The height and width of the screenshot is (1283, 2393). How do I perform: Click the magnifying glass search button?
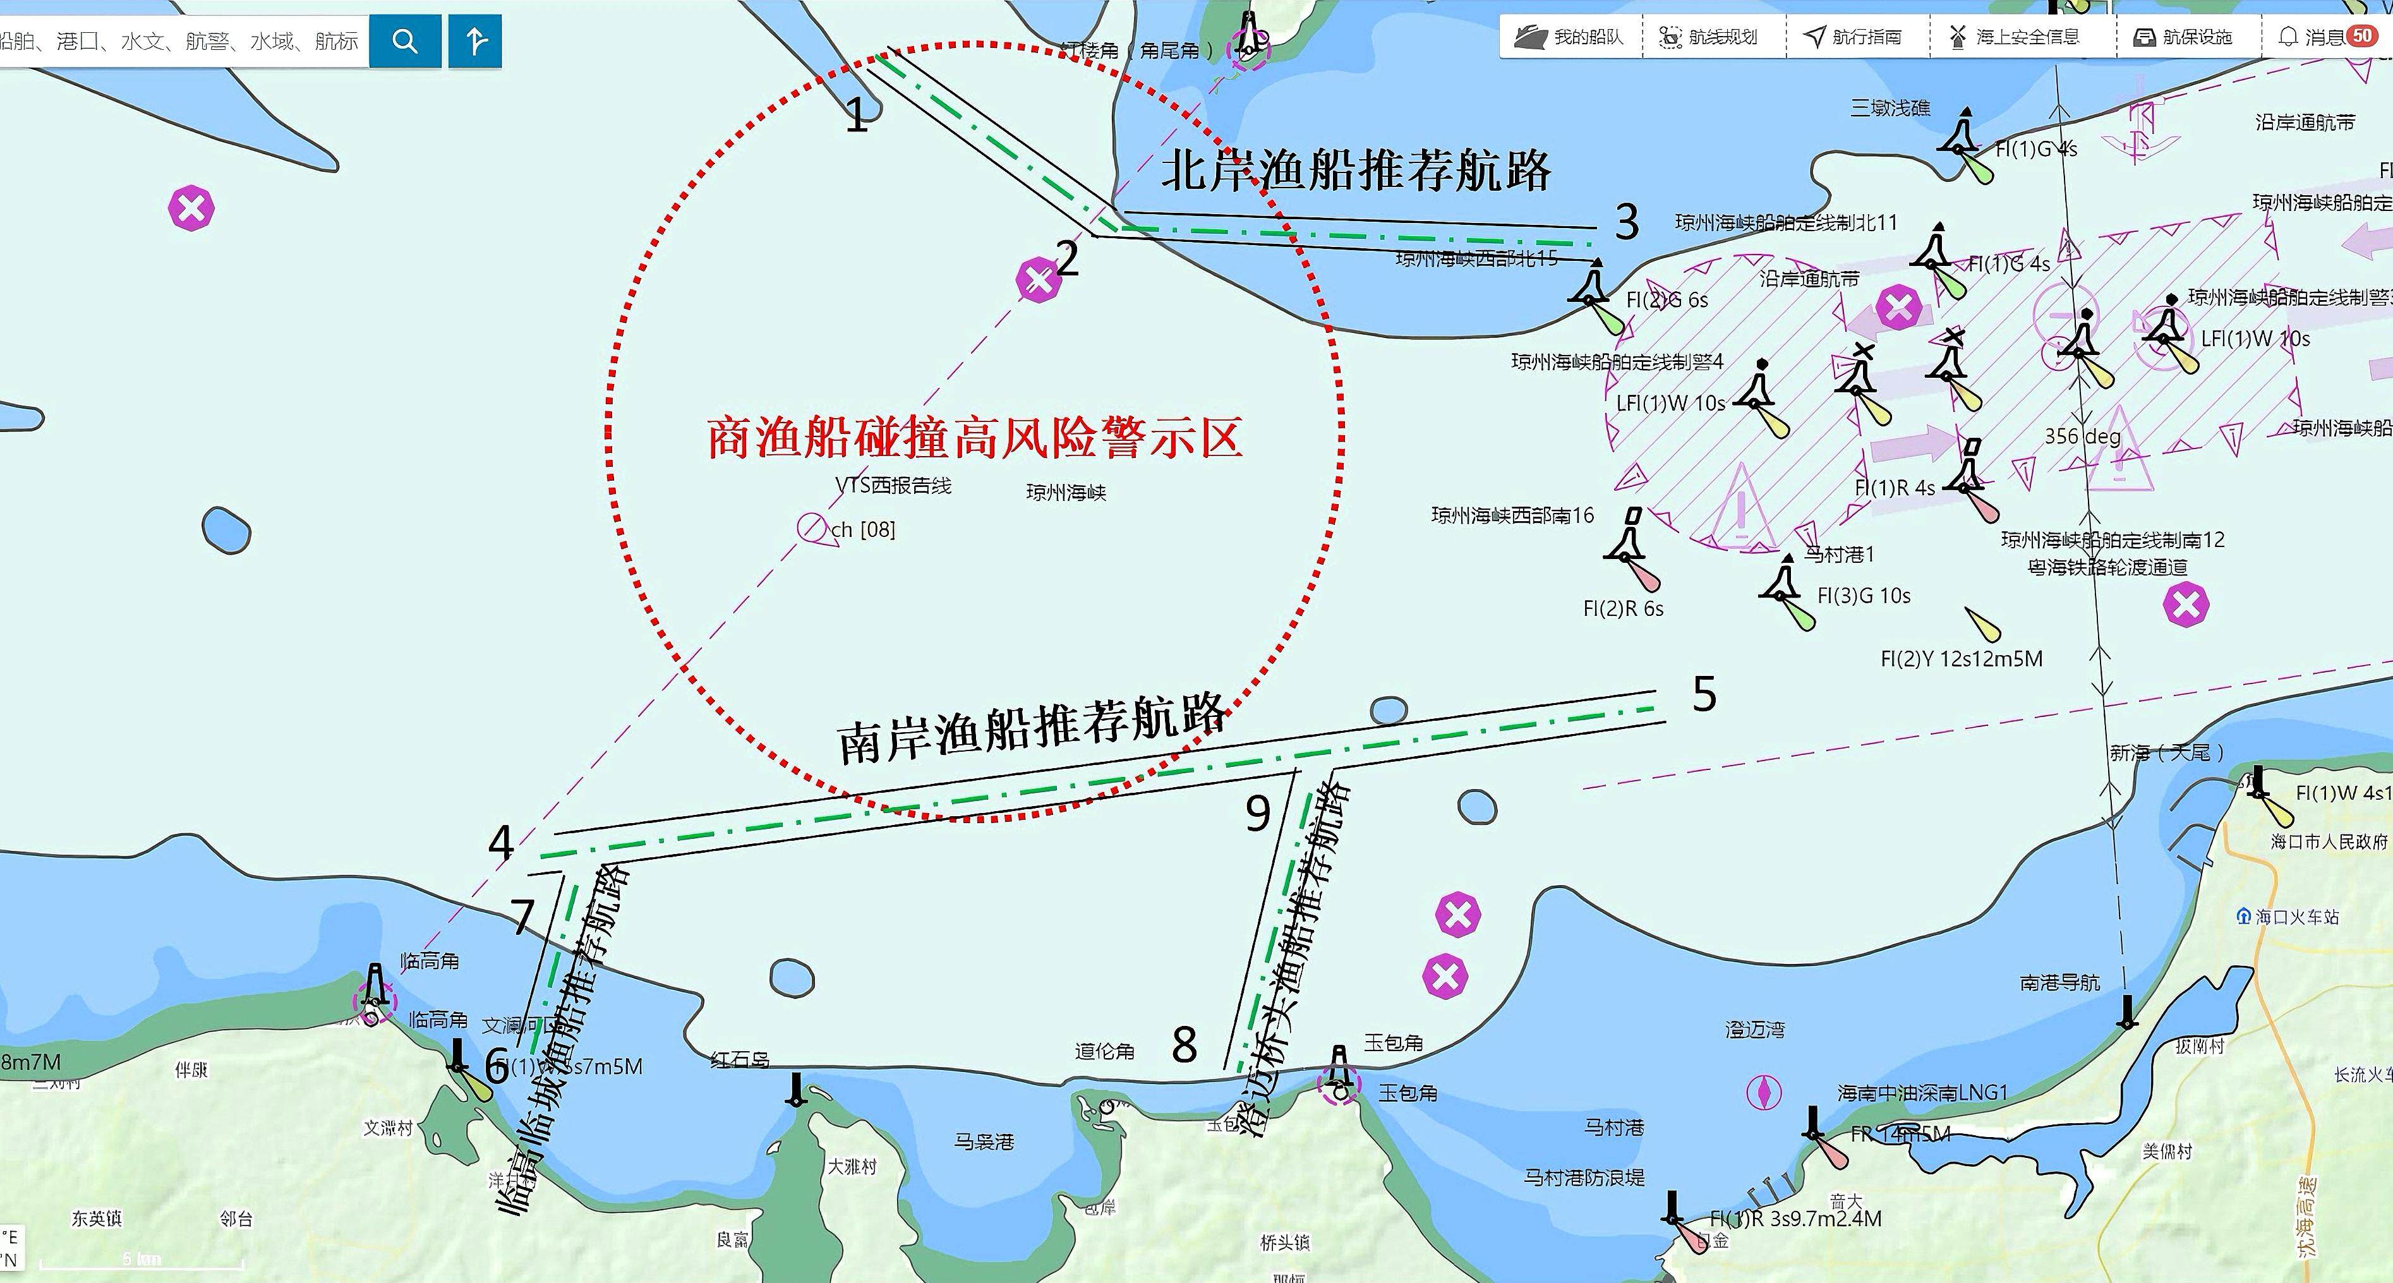(405, 41)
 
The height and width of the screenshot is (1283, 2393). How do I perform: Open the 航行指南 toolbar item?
(1855, 37)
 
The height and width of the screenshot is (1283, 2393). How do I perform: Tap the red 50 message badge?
(2363, 36)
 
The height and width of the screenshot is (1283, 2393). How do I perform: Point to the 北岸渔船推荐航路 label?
(1356, 170)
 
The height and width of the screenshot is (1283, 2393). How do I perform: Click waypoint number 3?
(1627, 222)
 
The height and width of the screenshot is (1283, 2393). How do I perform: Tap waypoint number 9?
(1258, 814)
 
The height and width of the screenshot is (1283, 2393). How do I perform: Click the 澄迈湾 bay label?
(1754, 1030)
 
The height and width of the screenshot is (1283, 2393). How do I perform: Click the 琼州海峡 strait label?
(1066, 492)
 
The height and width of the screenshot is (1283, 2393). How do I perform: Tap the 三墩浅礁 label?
(1890, 109)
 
